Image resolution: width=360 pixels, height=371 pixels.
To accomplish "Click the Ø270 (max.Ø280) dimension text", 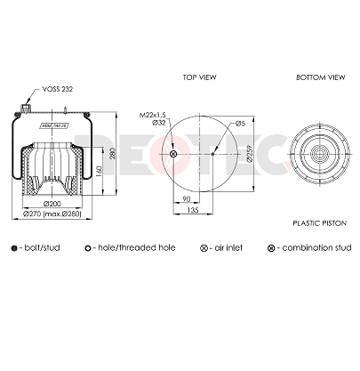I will pyautogui.click(x=53, y=214).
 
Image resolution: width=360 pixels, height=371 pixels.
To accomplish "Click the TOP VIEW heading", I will pyautogui.click(x=201, y=77).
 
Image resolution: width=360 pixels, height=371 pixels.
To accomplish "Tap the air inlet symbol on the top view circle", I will pyautogui.click(x=173, y=156).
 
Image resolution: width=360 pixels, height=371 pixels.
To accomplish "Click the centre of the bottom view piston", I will pyautogui.click(x=317, y=156).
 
